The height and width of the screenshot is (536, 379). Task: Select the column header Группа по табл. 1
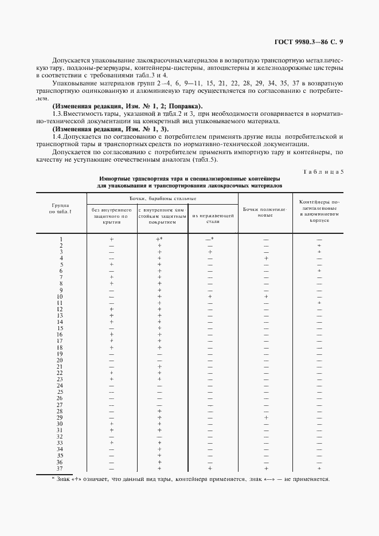point(61,209)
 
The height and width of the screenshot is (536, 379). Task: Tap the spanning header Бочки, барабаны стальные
point(162,198)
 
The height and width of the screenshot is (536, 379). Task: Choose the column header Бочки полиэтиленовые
point(265,213)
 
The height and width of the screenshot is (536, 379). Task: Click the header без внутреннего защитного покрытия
point(112,216)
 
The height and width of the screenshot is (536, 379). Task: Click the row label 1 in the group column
point(61,239)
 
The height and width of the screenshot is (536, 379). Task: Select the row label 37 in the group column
point(60,468)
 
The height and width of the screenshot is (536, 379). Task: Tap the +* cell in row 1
point(159,239)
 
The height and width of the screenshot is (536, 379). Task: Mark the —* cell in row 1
point(209,239)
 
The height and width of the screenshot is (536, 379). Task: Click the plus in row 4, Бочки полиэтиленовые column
point(266,258)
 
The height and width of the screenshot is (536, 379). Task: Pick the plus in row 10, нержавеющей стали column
point(210,296)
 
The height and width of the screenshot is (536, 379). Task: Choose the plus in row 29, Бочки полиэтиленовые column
point(266,417)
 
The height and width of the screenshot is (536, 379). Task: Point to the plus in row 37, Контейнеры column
point(319,468)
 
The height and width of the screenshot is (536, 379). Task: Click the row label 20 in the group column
point(60,360)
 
